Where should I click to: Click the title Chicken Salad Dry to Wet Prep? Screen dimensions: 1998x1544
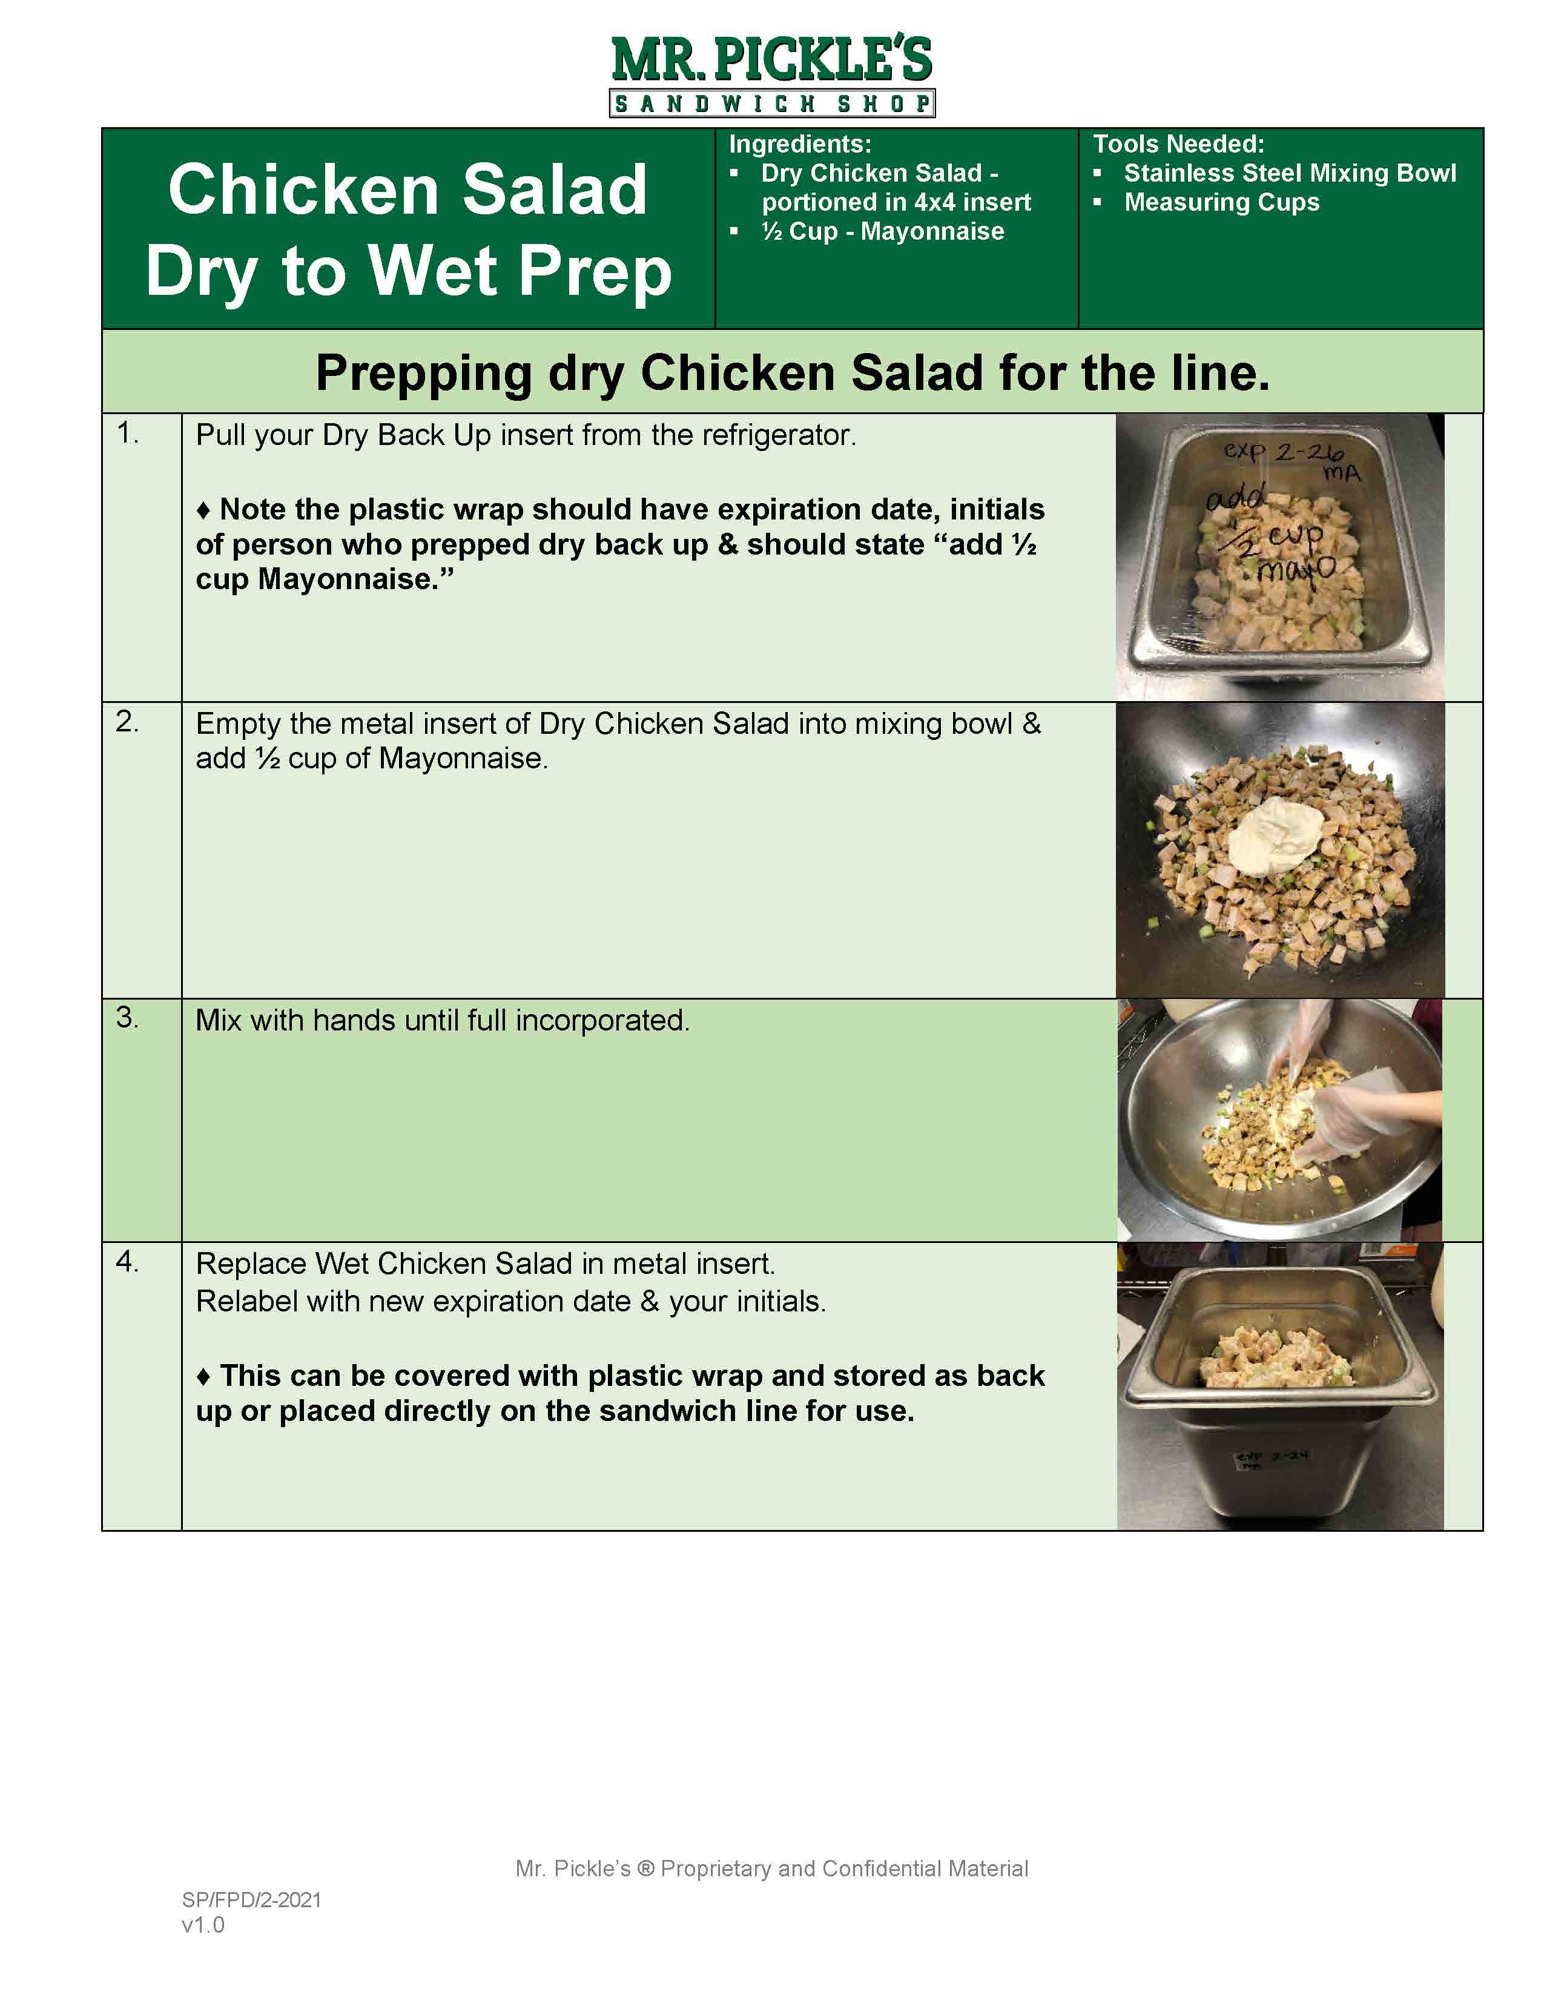(408, 229)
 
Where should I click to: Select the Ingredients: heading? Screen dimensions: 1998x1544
(799, 143)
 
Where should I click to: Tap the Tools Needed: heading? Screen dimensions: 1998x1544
(1178, 143)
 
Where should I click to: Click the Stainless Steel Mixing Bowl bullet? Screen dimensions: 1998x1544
(1289, 173)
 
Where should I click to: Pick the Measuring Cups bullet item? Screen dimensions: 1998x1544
(1221, 202)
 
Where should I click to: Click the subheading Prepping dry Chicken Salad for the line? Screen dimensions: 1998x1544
(792, 373)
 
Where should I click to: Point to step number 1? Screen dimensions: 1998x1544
(127, 434)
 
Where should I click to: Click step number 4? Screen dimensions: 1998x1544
(127, 1262)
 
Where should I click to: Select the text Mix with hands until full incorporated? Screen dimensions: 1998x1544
(442, 1020)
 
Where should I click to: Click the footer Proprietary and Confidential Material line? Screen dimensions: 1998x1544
(771, 1868)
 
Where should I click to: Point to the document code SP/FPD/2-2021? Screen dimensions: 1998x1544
(251, 1900)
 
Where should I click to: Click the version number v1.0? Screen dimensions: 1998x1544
(203, 1925)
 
